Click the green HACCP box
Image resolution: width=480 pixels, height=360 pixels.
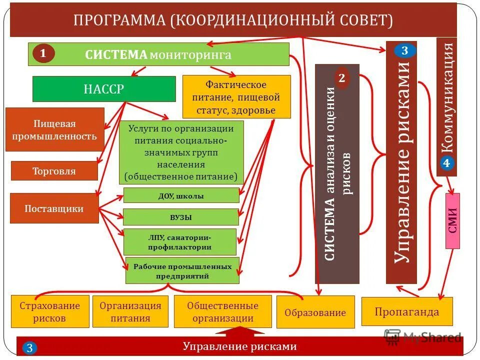click(x=104, y=89)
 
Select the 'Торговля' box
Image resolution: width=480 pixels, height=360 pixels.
click(x=54, y=171)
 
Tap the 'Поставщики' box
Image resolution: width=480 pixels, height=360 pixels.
click(x=54, y=208)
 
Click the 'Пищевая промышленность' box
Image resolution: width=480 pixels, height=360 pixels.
click(x=54, y=129)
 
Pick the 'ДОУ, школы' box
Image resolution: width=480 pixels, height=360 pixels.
click(x=181, y=196)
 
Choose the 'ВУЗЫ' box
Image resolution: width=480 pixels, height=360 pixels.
click(x=181, y=217)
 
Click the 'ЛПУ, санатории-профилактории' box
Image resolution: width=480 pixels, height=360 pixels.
click(x=179, y=242)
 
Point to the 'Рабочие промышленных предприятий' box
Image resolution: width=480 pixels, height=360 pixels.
click(x=182, y=271)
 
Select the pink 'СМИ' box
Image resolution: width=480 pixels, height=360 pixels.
click(x=452, y=220)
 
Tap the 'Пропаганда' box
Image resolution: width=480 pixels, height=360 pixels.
click(x=406, y=312)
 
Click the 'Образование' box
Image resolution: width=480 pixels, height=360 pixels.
click(x=315, y=312)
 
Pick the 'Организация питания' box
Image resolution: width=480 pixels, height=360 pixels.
click(x=130, y=311)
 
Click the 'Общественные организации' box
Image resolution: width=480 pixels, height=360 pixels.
click(x=223, y=311)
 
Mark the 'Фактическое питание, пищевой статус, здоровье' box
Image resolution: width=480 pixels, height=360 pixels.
click(x=236, y=97)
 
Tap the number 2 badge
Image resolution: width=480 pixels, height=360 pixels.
click(x=342, y=78)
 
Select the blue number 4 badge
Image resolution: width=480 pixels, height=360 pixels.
click(x=446, y=163)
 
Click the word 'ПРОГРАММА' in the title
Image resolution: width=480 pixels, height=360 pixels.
click(x=119, y=20)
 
